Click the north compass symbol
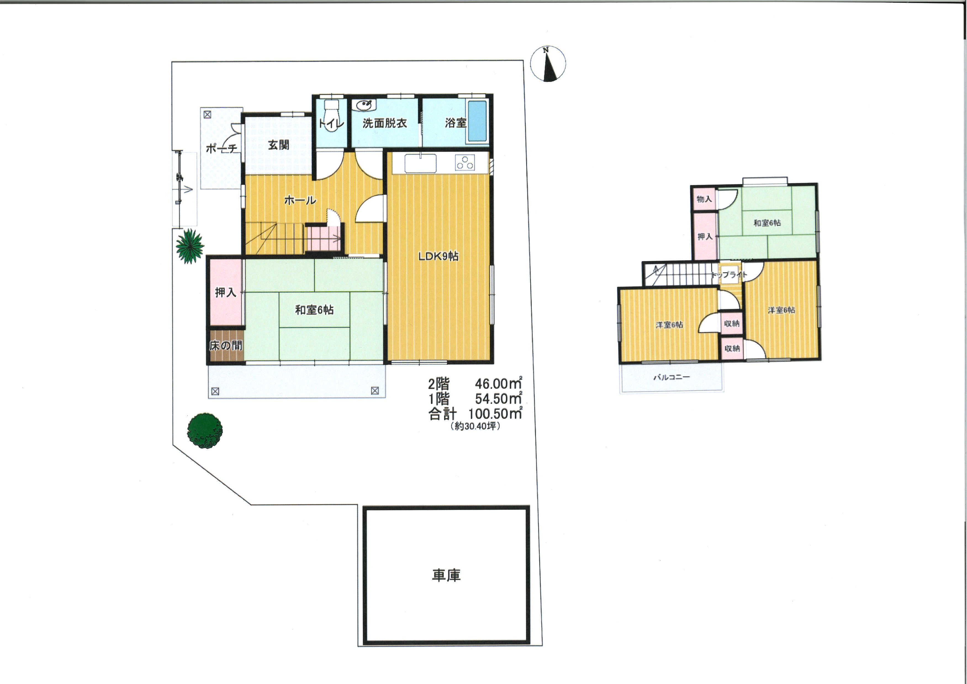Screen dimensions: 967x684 [548, 64]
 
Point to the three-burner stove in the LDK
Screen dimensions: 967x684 [465, 163]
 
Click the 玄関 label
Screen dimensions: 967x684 [279, 145]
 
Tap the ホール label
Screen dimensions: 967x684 [300, 200]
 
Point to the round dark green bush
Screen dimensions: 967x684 [205, 430]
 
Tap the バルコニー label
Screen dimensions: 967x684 [672, 377]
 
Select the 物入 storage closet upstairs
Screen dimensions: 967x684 [704, 199]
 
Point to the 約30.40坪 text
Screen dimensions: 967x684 [475, 426]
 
